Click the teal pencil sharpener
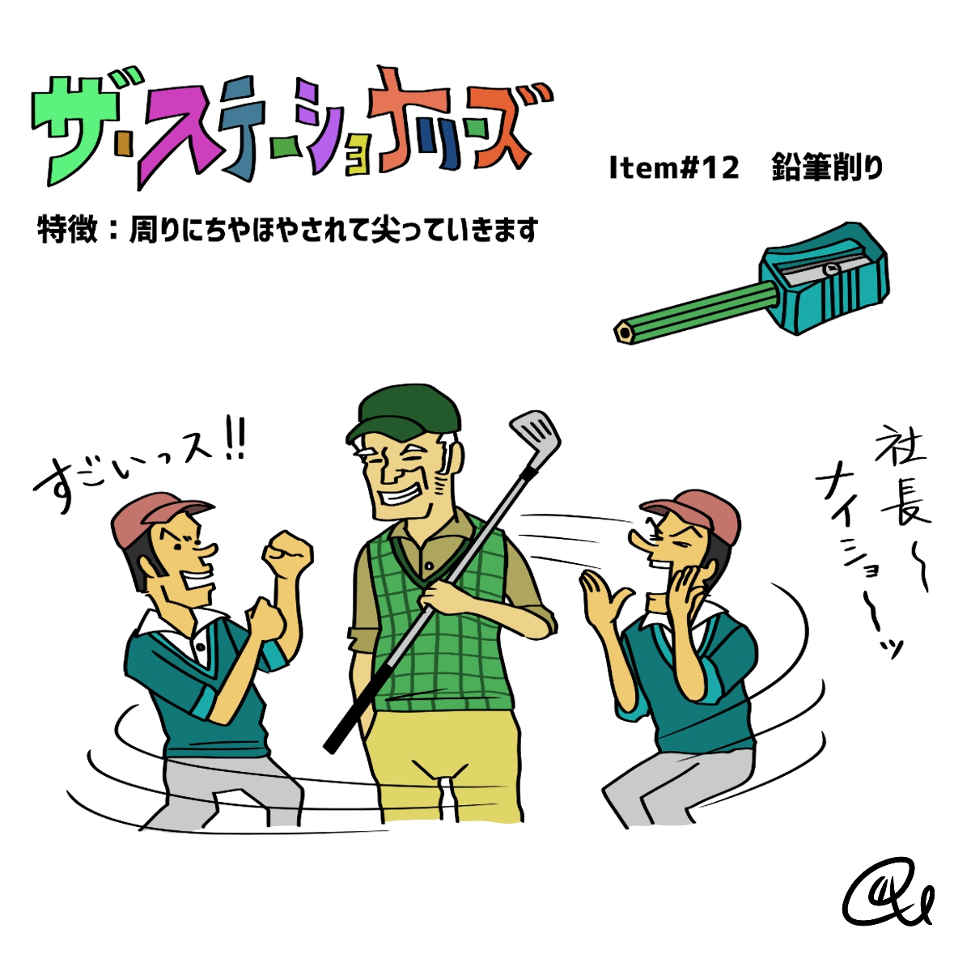(825, 278)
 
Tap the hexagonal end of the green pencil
(625, 333)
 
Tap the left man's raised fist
(288, 555)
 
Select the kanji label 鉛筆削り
(827, 167)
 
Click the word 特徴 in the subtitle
(67, 230)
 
